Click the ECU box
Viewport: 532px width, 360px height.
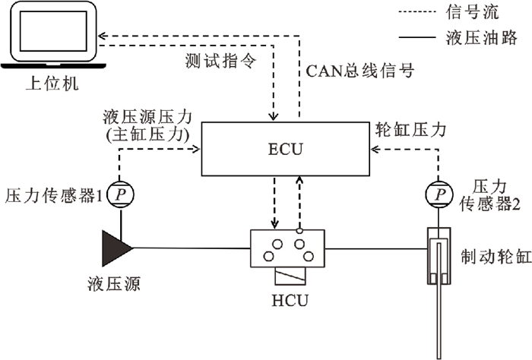click(x=286, y=150)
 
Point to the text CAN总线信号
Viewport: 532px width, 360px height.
click(x=359, y=72)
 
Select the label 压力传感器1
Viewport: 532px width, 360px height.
click(x=53, y=195)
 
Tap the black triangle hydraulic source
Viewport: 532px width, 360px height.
click(x=116, y=247)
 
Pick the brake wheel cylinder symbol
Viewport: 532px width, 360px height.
click(x=438, y=258)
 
